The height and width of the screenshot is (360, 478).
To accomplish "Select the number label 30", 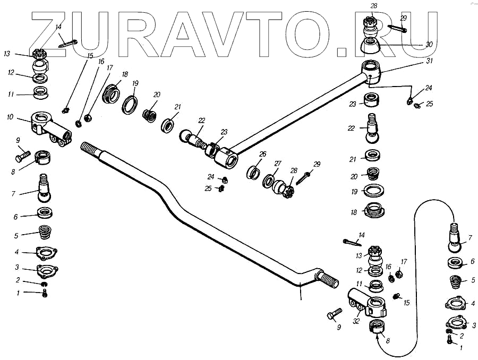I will tap(430, 45).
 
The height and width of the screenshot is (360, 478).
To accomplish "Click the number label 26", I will tap(262, 155).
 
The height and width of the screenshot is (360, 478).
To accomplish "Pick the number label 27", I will tap(277, 163).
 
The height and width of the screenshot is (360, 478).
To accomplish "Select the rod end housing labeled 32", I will tap(370, 305).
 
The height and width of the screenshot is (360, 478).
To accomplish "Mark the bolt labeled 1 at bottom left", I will tap(45, 293).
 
